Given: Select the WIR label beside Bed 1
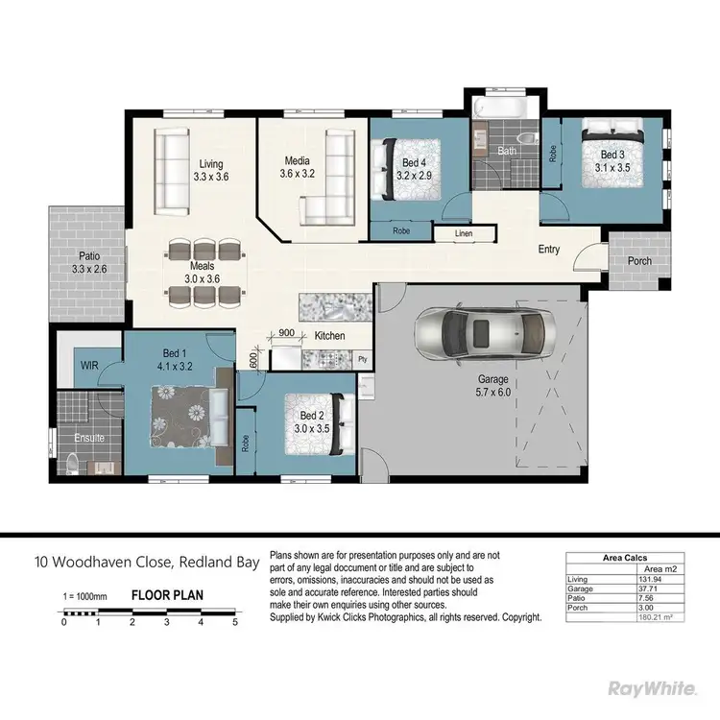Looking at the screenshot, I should tap(88, 366).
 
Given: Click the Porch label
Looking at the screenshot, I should tap(638, 261).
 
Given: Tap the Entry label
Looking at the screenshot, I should tap(548, 250).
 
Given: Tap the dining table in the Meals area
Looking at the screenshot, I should tap(204, 274).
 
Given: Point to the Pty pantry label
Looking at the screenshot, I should tap(362, 359).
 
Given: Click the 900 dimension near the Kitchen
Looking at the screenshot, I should tap(285, 332).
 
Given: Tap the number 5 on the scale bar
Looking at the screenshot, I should tap(235, 622).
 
